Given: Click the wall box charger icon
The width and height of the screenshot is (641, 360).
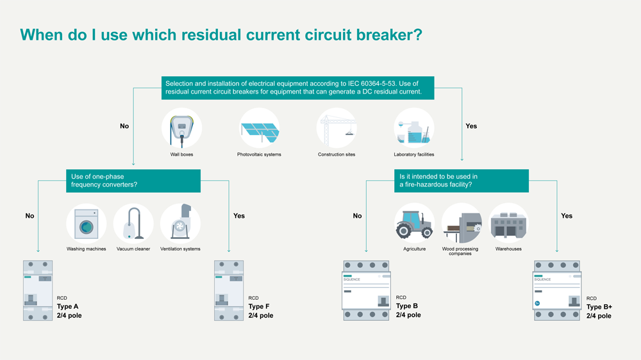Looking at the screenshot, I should (181, 127).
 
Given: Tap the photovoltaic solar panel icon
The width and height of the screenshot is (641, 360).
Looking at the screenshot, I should (259, 127).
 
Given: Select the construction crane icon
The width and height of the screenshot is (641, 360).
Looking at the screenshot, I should (337, 127).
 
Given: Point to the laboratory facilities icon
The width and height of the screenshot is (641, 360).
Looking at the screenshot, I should (413, 127).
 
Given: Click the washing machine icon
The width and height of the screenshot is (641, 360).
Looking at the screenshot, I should (86, 223).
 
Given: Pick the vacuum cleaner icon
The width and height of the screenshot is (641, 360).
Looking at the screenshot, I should (133, 223).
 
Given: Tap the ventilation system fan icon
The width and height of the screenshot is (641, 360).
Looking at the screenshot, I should (180, 223).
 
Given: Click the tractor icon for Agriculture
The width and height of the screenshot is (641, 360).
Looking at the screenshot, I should (414, 223).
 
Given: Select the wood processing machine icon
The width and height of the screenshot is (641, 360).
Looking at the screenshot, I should (461, 223).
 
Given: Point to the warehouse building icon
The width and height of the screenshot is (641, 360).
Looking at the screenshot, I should (508, 223).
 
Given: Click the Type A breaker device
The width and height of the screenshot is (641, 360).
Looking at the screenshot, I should (38, 290).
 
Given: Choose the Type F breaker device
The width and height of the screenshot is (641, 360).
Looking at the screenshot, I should (229, 290).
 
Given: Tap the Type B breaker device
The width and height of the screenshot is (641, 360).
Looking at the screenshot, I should (366, 290).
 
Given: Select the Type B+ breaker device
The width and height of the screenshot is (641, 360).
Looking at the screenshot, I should (557, 290).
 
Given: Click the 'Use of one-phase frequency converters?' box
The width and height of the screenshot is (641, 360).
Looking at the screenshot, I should (133, 181).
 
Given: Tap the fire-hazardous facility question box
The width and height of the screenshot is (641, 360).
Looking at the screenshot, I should (461, 181).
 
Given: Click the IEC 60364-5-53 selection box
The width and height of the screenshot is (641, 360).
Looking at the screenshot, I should (297, 88).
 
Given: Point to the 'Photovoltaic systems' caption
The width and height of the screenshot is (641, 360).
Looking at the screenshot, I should (259, 154).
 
